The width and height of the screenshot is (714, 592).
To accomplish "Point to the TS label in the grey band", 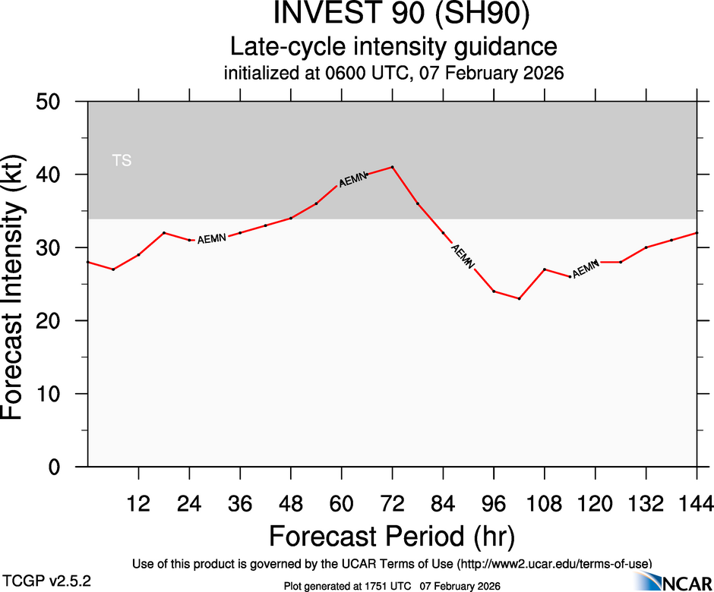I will click(122, 160).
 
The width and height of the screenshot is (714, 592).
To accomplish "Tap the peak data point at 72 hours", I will click(392, 167).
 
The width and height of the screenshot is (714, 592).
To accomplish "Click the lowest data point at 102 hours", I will click(519, 298).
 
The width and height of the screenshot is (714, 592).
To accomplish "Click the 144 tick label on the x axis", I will click(697, 502).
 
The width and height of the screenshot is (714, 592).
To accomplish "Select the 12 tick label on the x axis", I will click(138, 502).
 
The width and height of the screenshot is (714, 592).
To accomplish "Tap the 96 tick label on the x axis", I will click(494, 502).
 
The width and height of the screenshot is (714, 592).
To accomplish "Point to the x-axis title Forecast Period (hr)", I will click(392, 536).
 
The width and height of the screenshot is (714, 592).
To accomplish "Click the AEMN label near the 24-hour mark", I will click(212, 239).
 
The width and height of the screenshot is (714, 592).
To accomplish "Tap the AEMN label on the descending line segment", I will click(462, 257).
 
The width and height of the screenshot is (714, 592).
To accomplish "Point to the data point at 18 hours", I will click(164, 232).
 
